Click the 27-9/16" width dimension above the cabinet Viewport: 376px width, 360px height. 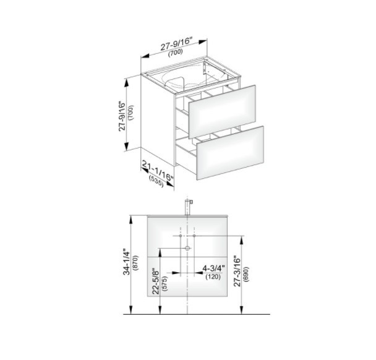pos(176,44)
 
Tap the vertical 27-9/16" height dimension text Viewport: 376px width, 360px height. pos(122,116)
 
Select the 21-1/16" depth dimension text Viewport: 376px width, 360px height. pos(158,171)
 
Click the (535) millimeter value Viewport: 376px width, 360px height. pos(156,182)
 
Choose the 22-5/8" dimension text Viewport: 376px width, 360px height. pos(156,281)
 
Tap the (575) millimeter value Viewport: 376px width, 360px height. pos(165,284)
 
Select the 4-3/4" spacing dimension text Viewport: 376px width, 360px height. pos(213,268)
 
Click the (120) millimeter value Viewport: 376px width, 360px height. pos(213,276)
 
